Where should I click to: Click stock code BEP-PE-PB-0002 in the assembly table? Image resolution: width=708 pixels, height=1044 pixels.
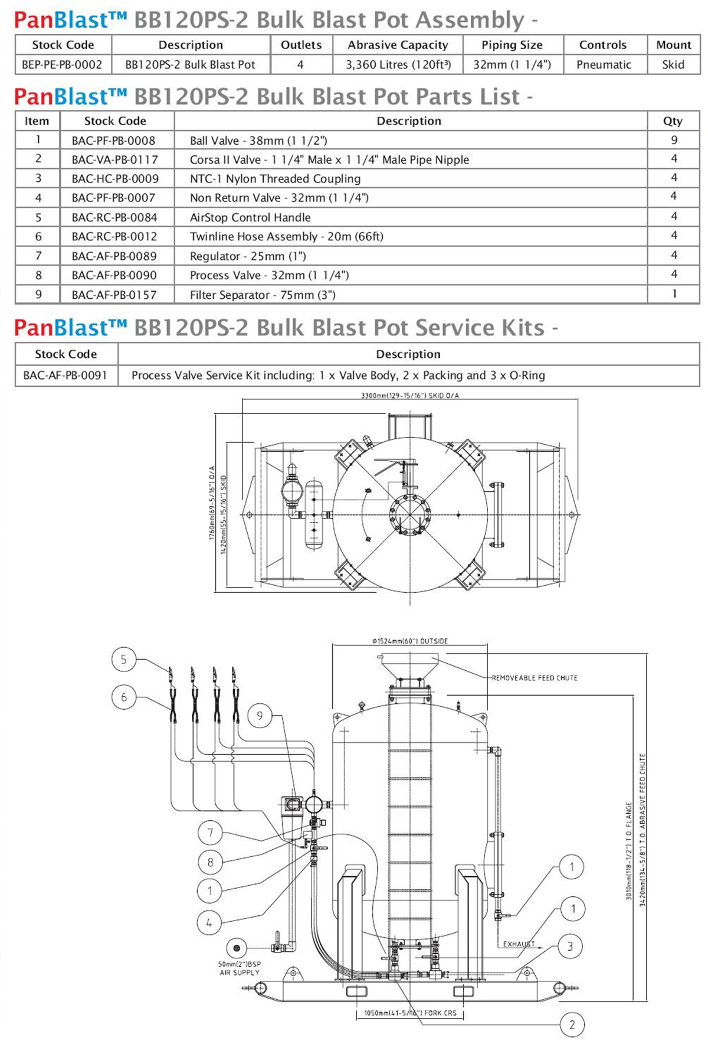(x=62, y=65)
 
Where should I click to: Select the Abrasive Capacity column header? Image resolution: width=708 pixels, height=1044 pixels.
(x=398, y=45)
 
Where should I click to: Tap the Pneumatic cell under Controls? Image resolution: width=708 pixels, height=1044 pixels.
(x=604, y=65)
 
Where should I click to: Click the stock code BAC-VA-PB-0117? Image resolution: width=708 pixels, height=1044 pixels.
(x=115, y=159)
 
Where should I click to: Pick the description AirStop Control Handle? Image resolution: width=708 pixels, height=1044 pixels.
(x=250, y=217)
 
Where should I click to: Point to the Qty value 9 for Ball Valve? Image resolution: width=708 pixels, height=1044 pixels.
(x=674, y=140)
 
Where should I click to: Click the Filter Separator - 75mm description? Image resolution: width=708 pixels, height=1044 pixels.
(x=263, y=295)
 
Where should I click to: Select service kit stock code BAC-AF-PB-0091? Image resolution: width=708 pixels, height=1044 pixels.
(x=65, y=375)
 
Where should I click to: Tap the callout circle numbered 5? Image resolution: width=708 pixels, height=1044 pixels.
(x=123, y=660)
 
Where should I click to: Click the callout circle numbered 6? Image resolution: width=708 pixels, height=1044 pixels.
(x=123, y=697)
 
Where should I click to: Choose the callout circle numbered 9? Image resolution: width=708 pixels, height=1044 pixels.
(x=260, y=716)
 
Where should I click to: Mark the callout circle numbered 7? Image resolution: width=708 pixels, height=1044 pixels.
(x=210, y=833)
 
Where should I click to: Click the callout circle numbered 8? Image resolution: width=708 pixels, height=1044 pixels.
(x=210, y=862)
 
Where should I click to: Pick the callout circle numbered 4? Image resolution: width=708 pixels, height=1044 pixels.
(x=209, y=922)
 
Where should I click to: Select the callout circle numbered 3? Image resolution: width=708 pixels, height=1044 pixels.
(x=570, y=947)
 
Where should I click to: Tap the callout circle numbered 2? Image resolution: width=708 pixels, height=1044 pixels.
(x=572, y=1025)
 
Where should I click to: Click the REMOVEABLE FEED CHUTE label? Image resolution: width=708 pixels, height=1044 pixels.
(x=535, y=678)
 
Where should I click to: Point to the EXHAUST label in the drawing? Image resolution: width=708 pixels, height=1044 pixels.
(x=519, y=944)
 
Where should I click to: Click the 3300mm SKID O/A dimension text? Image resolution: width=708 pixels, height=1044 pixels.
(x=409, y=396)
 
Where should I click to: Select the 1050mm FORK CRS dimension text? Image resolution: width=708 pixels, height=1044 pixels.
(x=410, y=1013)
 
